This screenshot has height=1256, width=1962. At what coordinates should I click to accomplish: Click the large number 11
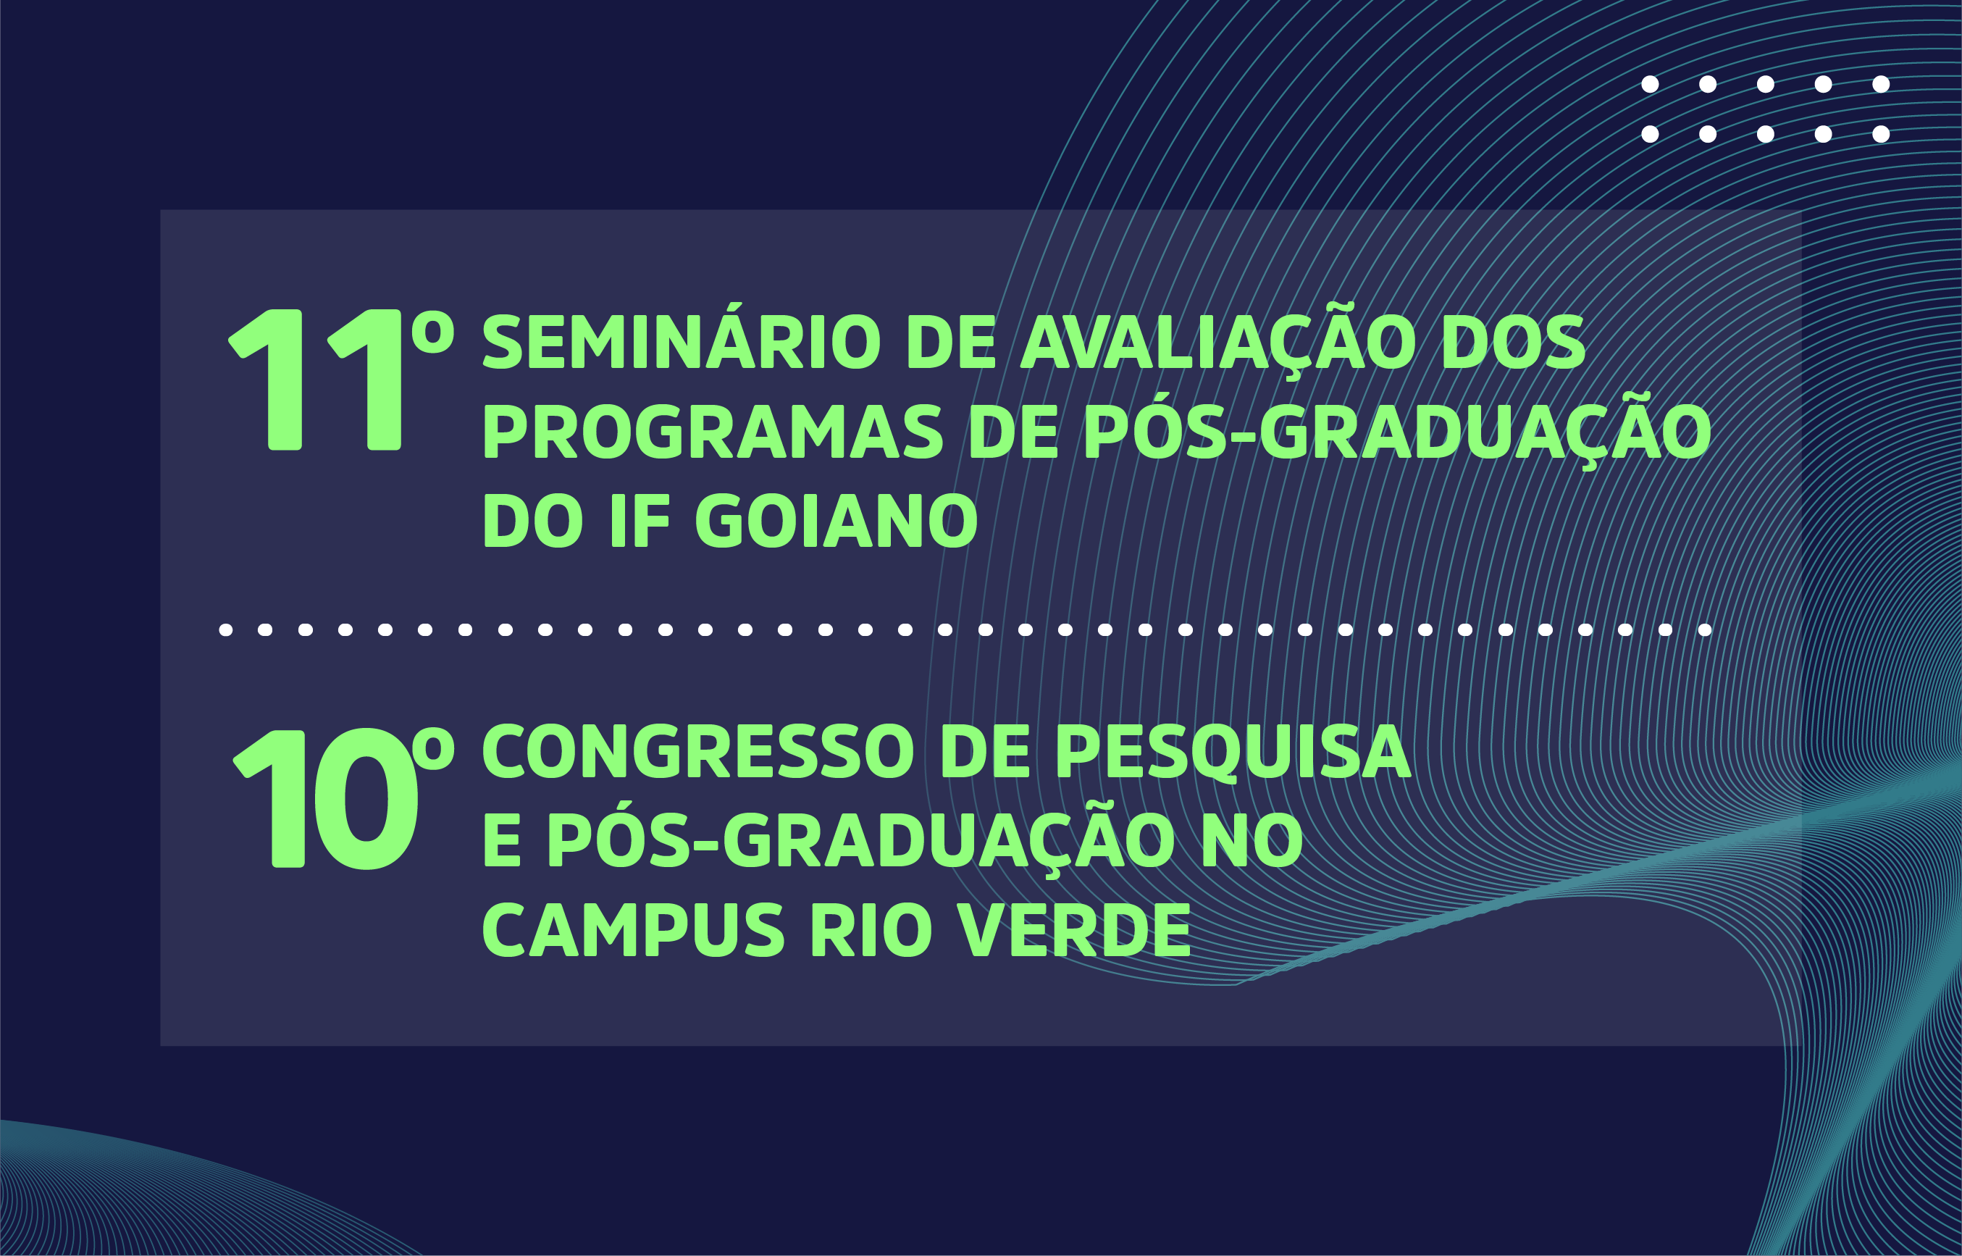[315, 380]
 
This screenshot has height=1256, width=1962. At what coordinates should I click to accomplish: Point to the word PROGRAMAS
[713, 432]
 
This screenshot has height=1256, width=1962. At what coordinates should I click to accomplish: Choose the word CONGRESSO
[698, 751]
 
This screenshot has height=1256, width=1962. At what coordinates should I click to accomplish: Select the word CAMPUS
[633, 931]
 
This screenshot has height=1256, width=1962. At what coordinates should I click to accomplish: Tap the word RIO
[871, 931]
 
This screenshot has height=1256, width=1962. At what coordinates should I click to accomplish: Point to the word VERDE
[1073, 931]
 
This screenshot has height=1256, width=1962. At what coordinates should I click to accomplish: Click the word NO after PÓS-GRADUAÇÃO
[1252, 841]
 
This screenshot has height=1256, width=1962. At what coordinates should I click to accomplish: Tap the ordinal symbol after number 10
[432, 748]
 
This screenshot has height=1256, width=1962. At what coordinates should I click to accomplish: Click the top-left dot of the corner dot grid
[1650, 84]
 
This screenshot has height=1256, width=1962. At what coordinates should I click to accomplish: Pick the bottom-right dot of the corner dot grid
[1882, 134]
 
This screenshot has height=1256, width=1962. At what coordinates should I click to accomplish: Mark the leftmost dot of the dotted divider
[226, 629]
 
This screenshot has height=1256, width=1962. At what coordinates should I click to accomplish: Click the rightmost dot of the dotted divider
[1705, 629]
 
